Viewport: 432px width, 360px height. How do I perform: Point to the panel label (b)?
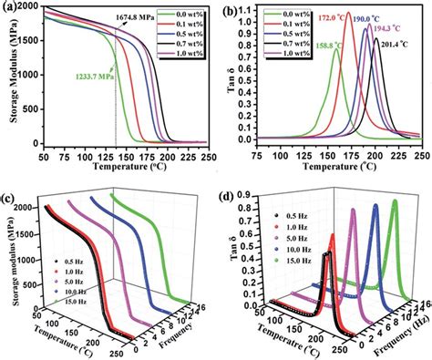[231, 10]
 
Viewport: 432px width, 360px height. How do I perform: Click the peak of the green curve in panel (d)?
[394, 202]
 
